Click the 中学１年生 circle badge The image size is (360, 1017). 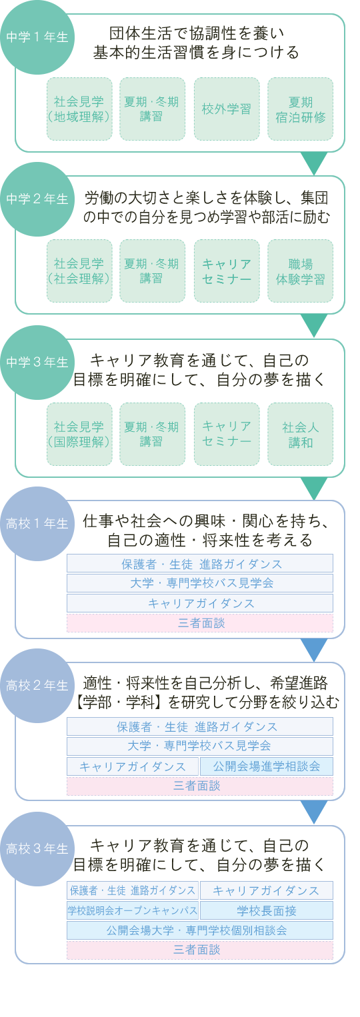tap(37, 37)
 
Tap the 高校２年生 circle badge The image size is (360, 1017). tap(37, 686)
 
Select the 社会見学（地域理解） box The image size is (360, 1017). tap(79, 109)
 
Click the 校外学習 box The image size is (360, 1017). tap(227, 109)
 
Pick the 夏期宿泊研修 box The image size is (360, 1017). tap(300, 109)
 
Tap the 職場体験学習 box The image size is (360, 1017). tap(300, 271)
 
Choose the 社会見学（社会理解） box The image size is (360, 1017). tap(79, 271)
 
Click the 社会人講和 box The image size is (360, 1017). tap(300, 434)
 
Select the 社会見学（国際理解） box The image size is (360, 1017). tap(79, 434)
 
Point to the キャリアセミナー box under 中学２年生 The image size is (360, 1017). tap(227, 271)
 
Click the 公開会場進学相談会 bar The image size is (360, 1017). tap(267, 766)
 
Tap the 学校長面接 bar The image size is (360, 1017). tap(267, 910)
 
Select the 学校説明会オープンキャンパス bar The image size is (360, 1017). tap(133, 910)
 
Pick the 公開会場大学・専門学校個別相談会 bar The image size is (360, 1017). tap(200, 930)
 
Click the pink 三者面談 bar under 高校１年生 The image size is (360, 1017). tap(200, 623)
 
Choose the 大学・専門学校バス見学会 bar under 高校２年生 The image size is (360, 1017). tap(200, 746)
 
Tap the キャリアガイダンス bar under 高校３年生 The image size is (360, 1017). tap(267, 890)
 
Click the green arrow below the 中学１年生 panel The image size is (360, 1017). tap(314, 163)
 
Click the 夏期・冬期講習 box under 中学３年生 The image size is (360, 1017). tap(153, 434)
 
